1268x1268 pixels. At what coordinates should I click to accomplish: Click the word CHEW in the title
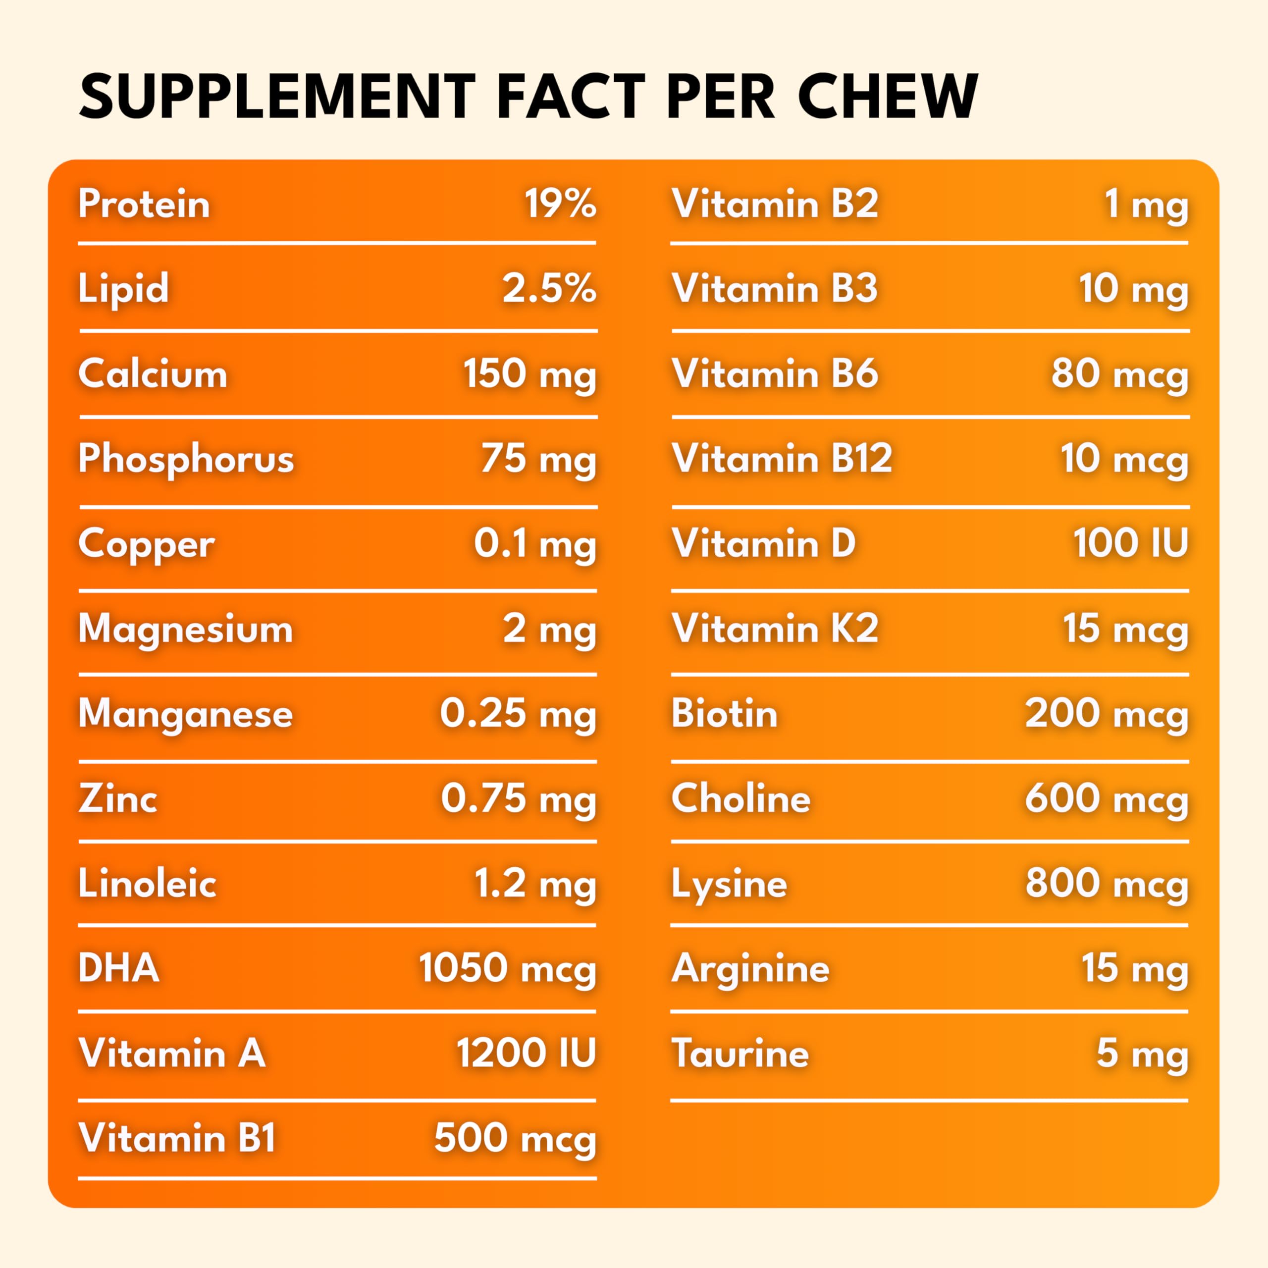(x=887, y=97)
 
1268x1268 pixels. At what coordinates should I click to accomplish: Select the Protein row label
(x=144, y=204)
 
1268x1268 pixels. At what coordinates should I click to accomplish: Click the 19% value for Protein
(x=560, y=204)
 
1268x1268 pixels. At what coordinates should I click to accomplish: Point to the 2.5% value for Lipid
(x=549, y=289)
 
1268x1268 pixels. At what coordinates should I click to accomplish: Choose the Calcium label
(x=152, y=374)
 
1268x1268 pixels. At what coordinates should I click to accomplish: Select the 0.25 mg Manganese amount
(x=518, y=714)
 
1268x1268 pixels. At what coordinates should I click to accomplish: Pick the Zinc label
(x=117, y=799)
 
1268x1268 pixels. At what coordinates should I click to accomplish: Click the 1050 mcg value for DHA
(x=507, y=969)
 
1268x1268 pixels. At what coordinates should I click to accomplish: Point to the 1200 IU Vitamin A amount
(x=526, y=1054)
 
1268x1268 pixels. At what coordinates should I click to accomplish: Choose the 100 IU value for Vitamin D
(x=1130, y=543)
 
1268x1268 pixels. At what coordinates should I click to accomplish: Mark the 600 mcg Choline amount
(x=1107, y=799)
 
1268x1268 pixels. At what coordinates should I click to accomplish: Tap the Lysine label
(x=729, y=884)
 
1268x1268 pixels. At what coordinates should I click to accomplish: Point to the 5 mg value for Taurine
(x=1142, y=1054)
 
